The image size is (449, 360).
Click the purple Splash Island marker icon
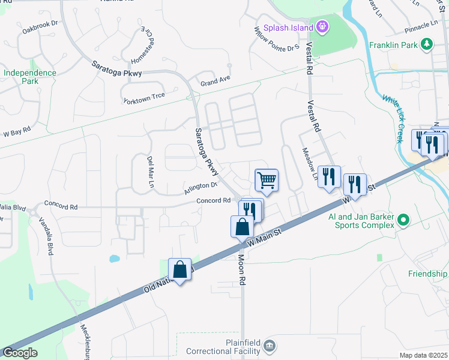(323, 27)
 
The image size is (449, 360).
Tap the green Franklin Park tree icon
(427, 44)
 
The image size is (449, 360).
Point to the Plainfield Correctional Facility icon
(270, 345)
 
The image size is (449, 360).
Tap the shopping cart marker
(267, 179)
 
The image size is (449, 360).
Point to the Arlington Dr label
(200, 188)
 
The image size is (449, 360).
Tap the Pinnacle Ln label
(420, 25)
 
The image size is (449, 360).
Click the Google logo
(20, 352)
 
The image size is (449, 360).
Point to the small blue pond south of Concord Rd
(114, 259)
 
